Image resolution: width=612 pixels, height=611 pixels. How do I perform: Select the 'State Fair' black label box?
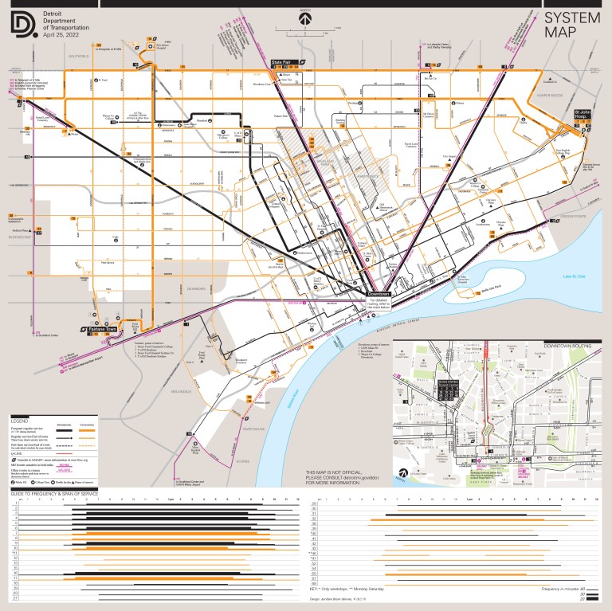(x=283, y=61)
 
